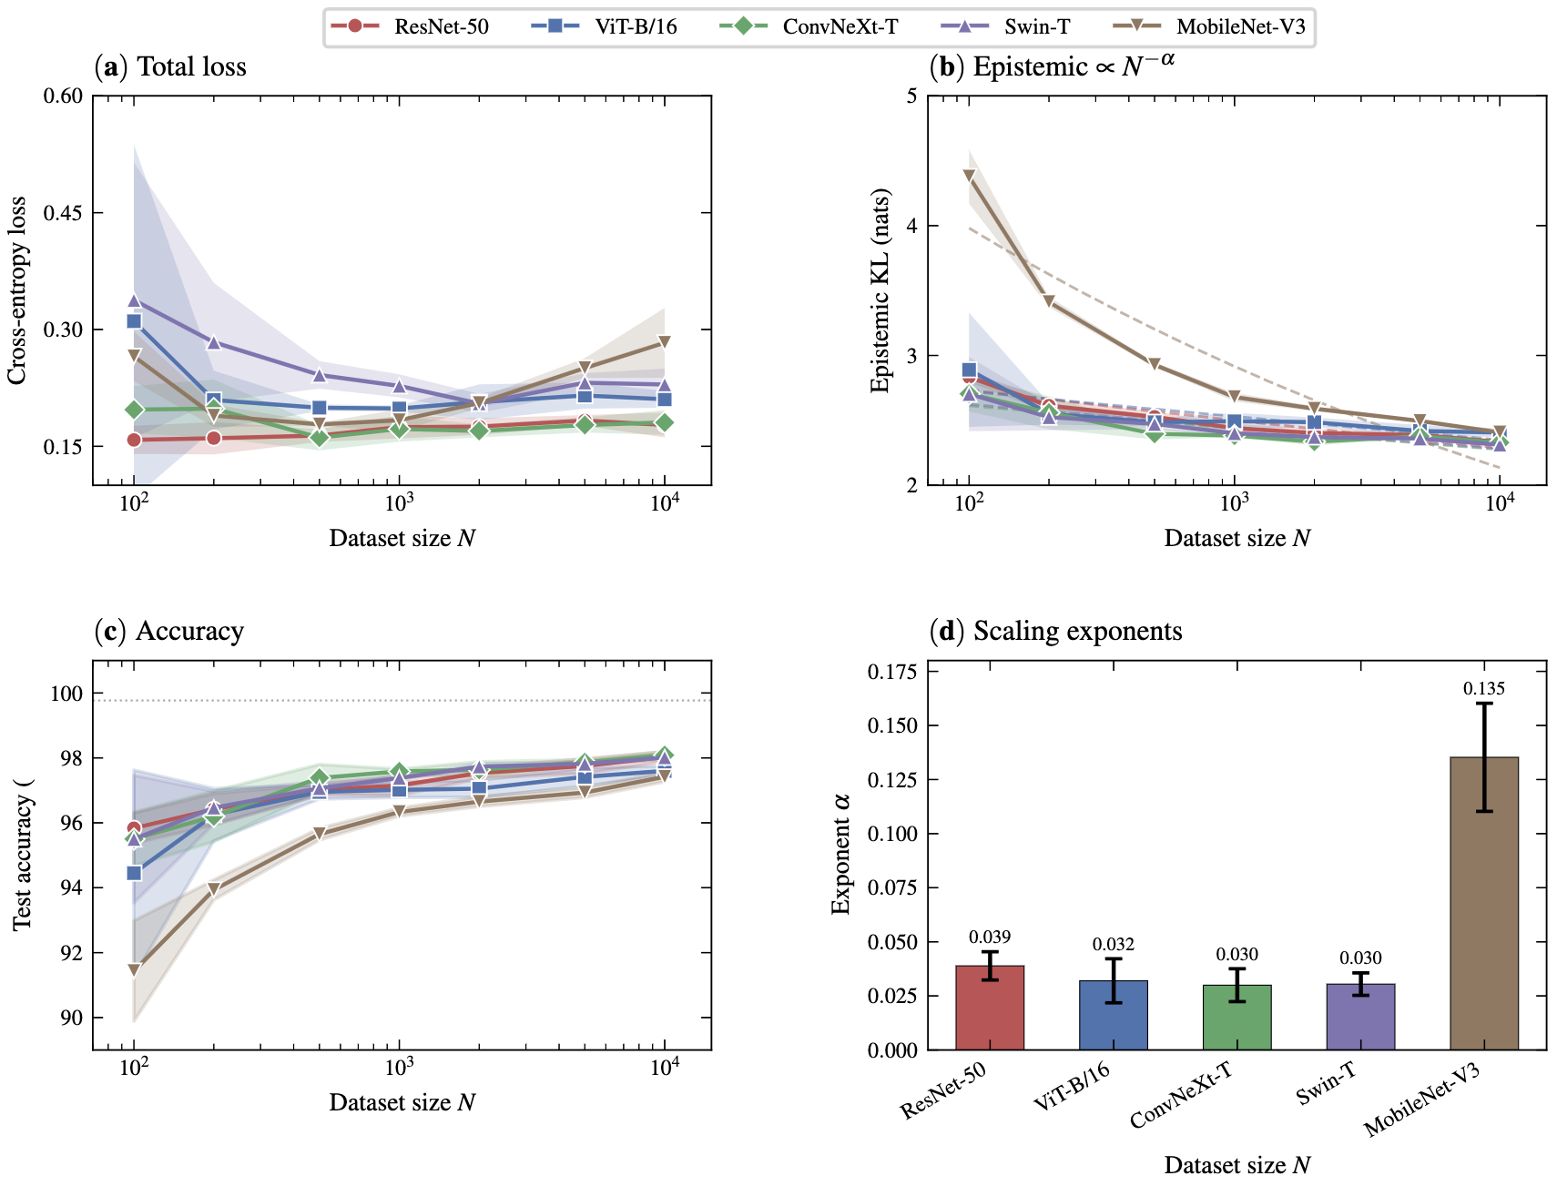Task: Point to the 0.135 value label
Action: pyautogui.click(x=1484, y=689)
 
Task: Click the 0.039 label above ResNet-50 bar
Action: pyautogui.click(x=990, y=938)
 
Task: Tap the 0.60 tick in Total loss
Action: pyautogui.click(x=63, y=96)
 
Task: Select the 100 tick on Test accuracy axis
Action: pyautogui.click(x=66, y=694)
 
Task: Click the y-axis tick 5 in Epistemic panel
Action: pyautogui.click(x=911, y=96)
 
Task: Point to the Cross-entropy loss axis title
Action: pyautogui.click(x=17, y=290)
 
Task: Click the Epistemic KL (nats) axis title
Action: pyautogui.click(x=880, y=290)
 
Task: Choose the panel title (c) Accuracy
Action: pyautogui.click(x=169, y=631)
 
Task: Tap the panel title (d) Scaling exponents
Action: pyautogui.click(x=1055, y=631)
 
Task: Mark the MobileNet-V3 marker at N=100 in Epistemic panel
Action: pyautogui.click(x=969, y=176)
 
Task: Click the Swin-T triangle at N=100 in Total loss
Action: pyautogui.click(x=134, y=300)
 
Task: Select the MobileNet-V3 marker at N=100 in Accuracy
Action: pyautogui.click(x=134, y=970)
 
